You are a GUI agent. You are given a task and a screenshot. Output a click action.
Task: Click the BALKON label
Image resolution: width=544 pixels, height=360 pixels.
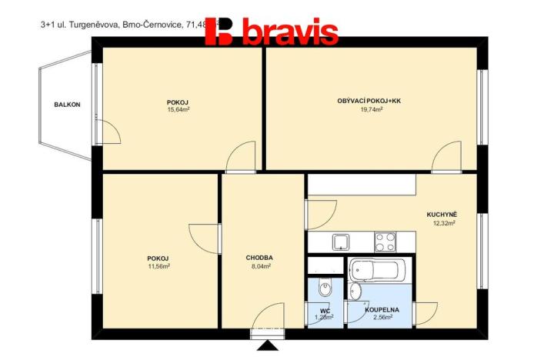point(67,105)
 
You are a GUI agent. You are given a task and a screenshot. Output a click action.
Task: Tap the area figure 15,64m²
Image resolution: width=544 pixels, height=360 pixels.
point(179,110)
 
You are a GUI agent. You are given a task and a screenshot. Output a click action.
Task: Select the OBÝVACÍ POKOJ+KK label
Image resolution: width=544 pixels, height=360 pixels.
point(369,101)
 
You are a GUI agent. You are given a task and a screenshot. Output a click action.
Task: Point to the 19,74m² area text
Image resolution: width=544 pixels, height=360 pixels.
point(372,109)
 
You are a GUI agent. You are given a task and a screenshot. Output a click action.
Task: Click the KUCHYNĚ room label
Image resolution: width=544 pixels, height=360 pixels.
point(443,215)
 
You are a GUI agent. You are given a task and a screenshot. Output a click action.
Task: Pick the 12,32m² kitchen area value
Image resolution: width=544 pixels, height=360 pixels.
point(444,223)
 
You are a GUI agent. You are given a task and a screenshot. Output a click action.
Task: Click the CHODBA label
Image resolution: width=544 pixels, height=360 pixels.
point(259,258)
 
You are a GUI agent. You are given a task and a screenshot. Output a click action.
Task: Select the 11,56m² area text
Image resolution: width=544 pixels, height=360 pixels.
point(159,266)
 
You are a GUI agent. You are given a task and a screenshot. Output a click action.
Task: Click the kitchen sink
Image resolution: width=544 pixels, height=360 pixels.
point(342,242)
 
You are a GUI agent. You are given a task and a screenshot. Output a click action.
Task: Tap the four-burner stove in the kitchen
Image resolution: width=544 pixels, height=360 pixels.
point(385,242)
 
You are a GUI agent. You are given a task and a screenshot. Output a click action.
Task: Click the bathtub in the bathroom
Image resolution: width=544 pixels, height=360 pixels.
point(376,271)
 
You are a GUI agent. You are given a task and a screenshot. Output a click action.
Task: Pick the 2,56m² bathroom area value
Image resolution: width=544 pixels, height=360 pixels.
point(386,316)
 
